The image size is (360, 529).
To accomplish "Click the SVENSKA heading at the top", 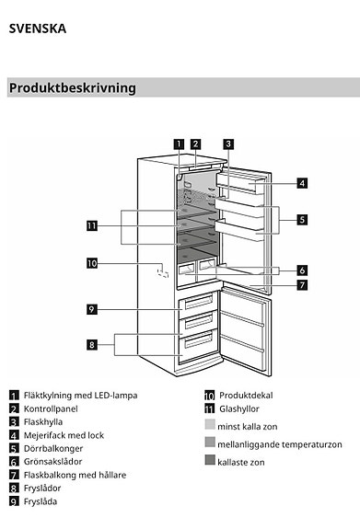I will pyautogui.click(x=38, y=29).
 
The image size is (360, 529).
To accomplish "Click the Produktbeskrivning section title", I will pyautogui.click(x=73, y=88).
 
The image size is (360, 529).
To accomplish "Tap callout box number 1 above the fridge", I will pyautogui.click(x=179, y=143).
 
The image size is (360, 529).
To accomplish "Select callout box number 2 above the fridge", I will pyautogui.click(x=195, y=143).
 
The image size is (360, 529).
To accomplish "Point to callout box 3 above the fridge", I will pyautogui.click(x=227, y=143).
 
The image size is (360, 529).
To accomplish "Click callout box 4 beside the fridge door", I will pyautogui.click(x=302, y=183).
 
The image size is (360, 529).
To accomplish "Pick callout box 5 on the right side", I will pyautogui.click(x=302, y=220).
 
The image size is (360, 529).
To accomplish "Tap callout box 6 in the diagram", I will pyautogui.click(x=302, y=270).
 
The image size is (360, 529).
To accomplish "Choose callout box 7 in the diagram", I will pyautogui.click(x=302, y=284).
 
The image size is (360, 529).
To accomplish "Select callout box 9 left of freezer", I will pyautogui.click(x=92, y=309).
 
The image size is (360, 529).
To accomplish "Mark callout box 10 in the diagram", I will pyautogui.click(x=91, y=263).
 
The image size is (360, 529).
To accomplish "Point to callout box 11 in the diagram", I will pyautogui.click(x=91, y=225).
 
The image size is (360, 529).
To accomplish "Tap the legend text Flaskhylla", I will pyautogui.click(x=42, y=421).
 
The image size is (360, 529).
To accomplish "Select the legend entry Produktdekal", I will pyautogui.click(x=247, y=395).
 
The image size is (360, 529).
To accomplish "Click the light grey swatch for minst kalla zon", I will pyautogui.click(x=210, y=425).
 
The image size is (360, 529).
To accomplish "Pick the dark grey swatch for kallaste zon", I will pyautogui.click(x=210, y=460).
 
